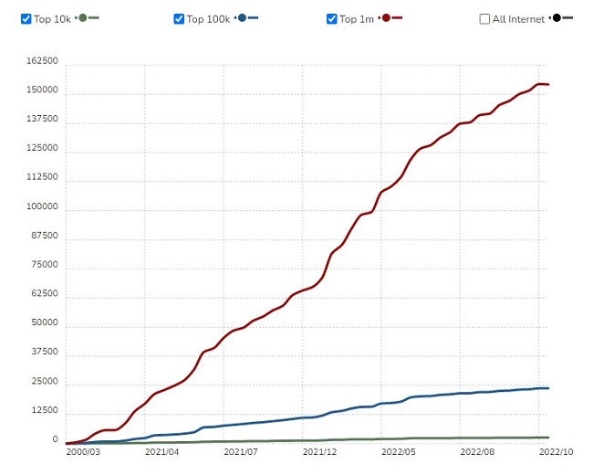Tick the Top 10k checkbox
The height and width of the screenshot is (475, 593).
click(x=26, y=19)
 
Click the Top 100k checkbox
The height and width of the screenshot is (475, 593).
click(x=179, y=19)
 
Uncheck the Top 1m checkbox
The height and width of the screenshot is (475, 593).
click(x=332, y=19)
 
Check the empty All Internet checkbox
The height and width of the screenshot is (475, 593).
click(x=484, y=19)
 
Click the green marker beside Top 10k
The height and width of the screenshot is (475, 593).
click(x=83, y=18)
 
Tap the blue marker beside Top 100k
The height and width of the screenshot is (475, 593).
click(x=242, y=18)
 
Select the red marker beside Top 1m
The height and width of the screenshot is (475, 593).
click(x=387, y=18)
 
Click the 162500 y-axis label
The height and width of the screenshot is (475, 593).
click(x=43, y=61)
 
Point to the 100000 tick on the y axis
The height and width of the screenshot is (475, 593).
click(x=43, y=207)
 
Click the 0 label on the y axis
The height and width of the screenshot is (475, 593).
click(x=55, y=440)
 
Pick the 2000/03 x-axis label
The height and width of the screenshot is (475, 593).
click(x=83, y=451)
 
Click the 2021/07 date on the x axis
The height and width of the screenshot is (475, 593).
click(x=241, y=451)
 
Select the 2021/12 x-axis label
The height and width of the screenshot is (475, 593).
click(x=319, y=451)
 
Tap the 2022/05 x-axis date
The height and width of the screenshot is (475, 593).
click(x=399, y=451)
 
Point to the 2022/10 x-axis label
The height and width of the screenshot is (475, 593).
click(x=555, y=451)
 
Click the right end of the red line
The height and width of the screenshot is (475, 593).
click(x=548, y=85)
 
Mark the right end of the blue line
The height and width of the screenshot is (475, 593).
click(x=548, y=388)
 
